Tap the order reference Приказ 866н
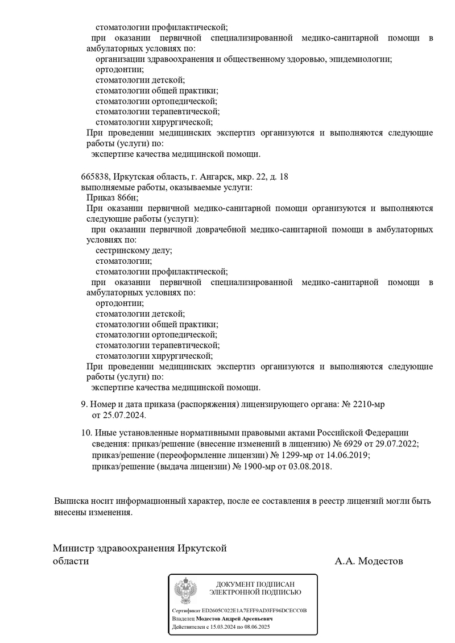112,198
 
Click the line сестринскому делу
134,250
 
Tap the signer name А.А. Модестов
369,562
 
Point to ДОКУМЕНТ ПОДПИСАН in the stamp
255,584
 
